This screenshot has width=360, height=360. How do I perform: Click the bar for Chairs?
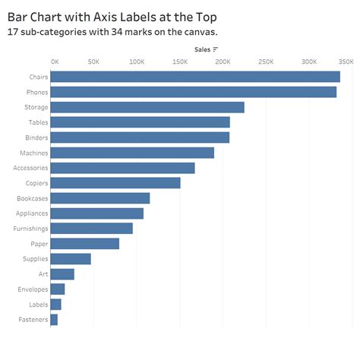(x=195, y=77)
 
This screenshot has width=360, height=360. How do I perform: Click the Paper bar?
(x=85, y=244)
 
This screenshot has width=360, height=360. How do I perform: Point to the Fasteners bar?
(x=54, y=320)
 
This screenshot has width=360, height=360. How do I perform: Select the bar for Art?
(x=62, y=274)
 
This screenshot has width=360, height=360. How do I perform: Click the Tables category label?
(x=38, y=122)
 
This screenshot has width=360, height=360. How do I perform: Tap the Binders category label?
(x=36, y=137)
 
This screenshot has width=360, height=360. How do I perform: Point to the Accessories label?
(x=30, y=168)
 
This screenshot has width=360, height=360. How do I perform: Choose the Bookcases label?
(x=32, y=198)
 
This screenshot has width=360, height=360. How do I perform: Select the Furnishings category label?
(x=30, y=229)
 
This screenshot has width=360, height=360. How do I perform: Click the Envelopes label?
(x=33, y=289)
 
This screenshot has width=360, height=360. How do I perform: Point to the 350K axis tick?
(x=346, y=62)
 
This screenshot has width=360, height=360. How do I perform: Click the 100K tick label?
(x=137, y=62)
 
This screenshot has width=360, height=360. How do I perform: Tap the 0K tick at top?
(x=55, y=62)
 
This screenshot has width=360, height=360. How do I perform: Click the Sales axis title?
(x=202, y=49)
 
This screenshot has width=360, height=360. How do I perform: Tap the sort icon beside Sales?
(x=216, y=49)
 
